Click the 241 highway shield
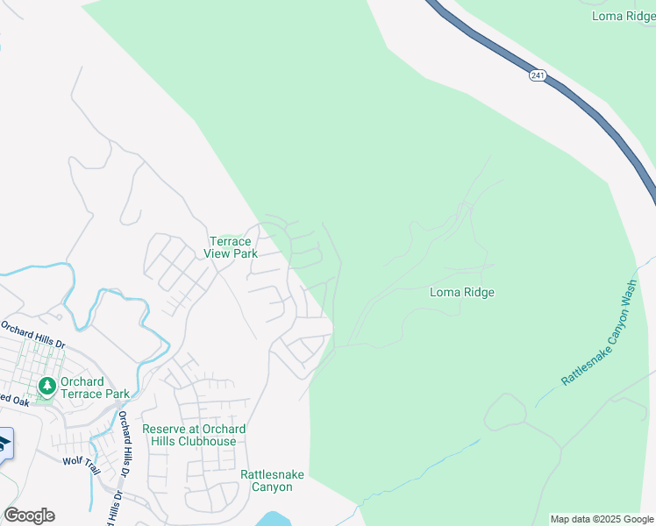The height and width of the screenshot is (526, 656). [x=538, y=76]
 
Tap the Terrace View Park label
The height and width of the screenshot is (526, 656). [x=232, y=247]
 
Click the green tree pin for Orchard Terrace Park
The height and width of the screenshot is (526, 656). [x=47, y=386]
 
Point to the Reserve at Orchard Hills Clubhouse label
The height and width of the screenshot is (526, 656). [x=194, y=435]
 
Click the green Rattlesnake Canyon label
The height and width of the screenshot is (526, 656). [x=272, y=480]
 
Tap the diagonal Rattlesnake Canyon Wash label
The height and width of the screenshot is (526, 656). [x=598, y=338]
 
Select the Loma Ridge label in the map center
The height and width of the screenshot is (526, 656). [x=462, y=292]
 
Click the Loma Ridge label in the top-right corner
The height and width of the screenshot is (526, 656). [x=624, y=16]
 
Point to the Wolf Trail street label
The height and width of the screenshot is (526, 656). [x=82, y=460]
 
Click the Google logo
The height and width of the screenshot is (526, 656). [x=29, y=515]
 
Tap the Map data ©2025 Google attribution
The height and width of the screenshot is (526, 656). [x=601, y=519]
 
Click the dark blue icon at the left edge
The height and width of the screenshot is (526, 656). [x=4, y=444]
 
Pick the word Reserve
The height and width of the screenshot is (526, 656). [x=164, y=429]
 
